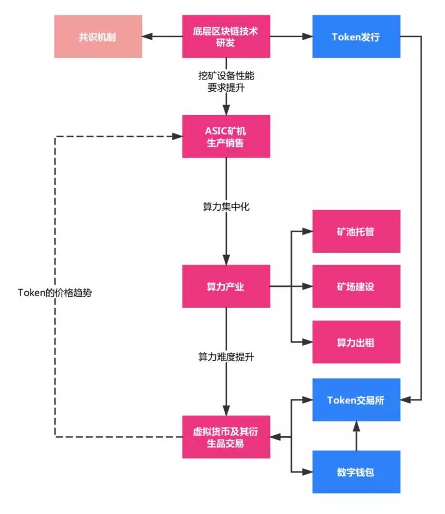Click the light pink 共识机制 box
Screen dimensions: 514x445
point(98,37)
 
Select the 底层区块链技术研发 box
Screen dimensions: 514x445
point(226,37)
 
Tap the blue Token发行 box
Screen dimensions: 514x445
point(356,37)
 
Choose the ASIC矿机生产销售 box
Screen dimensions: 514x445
point(226,137)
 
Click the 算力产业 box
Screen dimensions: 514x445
point(226,287)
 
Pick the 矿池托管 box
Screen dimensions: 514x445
point(356,231)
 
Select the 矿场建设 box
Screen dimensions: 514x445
point(356,287)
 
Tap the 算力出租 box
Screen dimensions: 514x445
point(356,342)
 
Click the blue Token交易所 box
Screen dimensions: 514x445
point(356,400)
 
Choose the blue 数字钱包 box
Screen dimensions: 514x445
point(356,472)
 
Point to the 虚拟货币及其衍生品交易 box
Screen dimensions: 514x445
point(226,437)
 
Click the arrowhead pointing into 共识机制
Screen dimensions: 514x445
point(147,37)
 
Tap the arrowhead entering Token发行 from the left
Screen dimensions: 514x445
point(308,37)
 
